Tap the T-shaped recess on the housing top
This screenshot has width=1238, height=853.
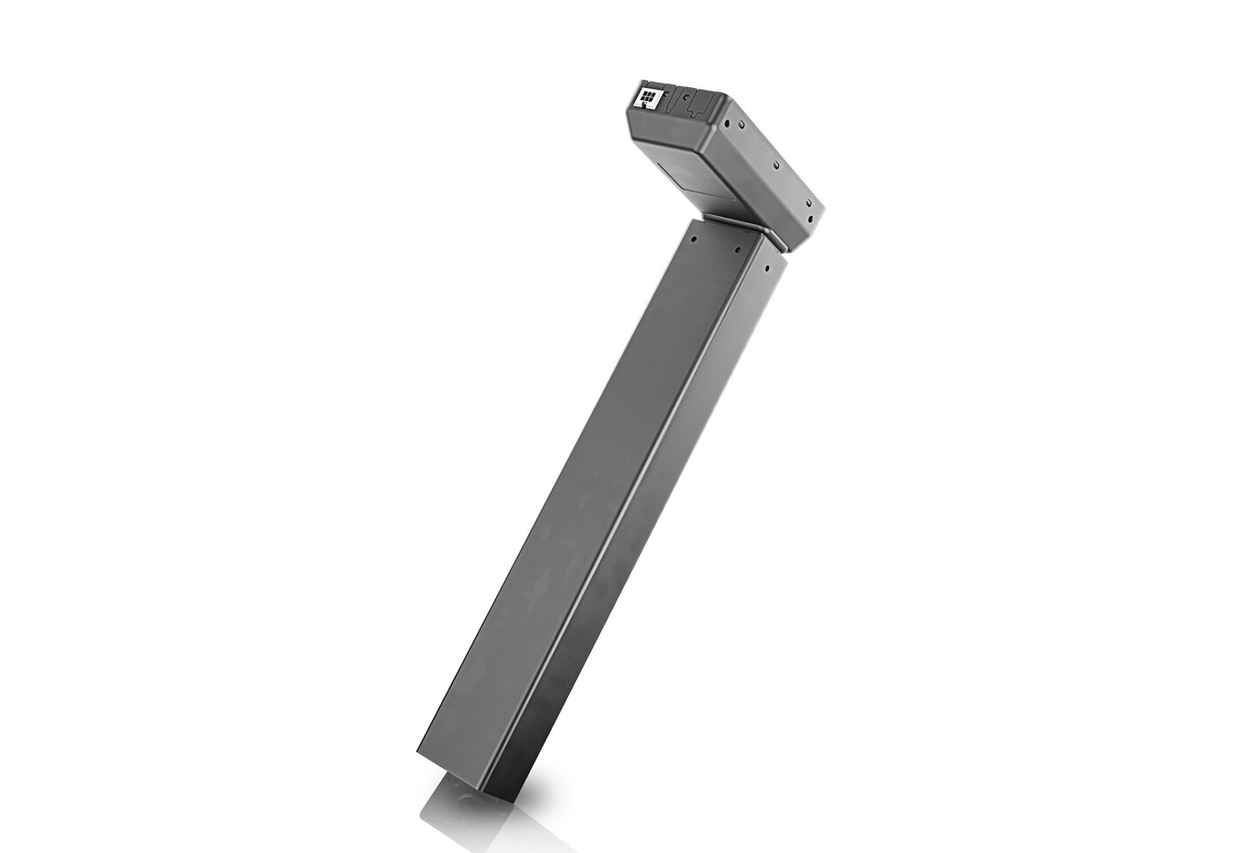[695, 103]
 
